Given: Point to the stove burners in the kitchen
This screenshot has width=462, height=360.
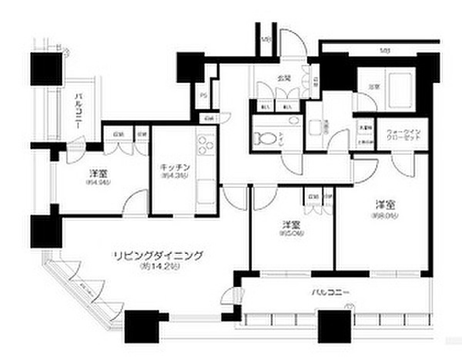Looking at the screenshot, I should click(x=205, y=145).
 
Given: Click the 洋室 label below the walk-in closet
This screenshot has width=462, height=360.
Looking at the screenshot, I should click(x=383, y=204).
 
